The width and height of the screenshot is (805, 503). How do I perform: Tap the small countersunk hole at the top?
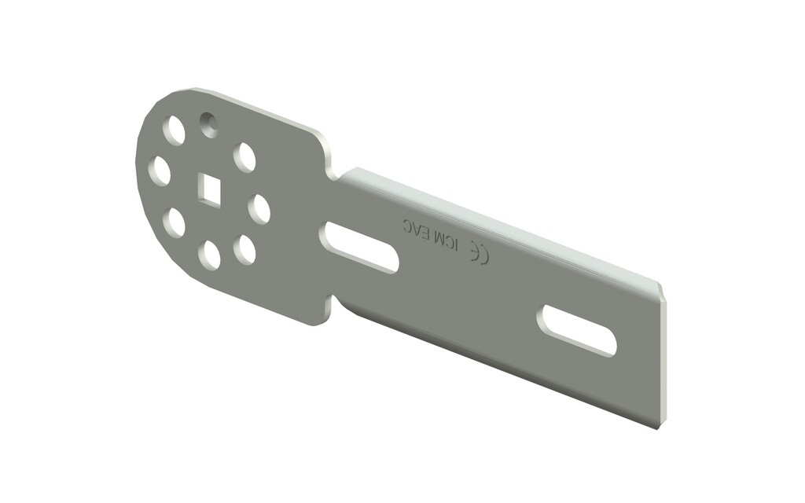point(208,124)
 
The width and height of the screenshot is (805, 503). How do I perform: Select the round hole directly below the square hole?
point(210,254)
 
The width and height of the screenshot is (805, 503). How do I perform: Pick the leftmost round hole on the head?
point(160,171)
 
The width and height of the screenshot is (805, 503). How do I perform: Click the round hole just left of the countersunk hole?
point(175,130)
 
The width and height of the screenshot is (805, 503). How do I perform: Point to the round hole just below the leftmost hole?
point(175,222)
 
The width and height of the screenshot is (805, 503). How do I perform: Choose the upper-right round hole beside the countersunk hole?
point(245,157)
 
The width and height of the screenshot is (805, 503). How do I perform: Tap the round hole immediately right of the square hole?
point(259,209)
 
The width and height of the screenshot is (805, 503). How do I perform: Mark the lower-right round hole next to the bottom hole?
point(245,249)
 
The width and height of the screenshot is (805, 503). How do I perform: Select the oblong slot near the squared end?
point(579,330)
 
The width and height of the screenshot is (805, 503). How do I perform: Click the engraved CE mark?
point(479,253)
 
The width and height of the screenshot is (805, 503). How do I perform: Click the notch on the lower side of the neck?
point(333,303)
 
